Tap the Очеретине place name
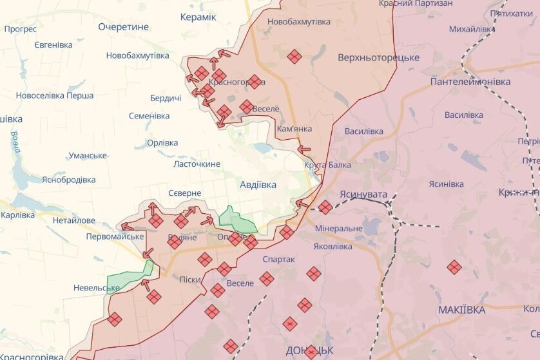tap(123, 27)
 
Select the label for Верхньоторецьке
tap(378, 58)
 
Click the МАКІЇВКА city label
tap(461, 310)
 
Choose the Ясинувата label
tap(364, 193)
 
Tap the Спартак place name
tap(279, 259)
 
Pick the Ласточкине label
tap(197, 164)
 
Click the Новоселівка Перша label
tap(55, 96)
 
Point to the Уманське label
tap(88, 156)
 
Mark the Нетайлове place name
tap(73, 220)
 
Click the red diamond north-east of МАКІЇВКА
tap(454, 267)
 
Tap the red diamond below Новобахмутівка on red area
tap(294, 57)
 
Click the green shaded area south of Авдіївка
tap(236, 220)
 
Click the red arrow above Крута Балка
tap(304, 149)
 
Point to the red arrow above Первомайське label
tap(127, 226)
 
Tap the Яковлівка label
tap(333, 246)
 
